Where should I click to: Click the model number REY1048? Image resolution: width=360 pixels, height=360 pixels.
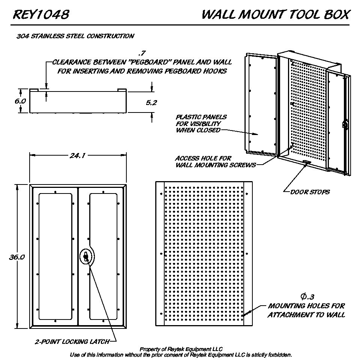(41, 15)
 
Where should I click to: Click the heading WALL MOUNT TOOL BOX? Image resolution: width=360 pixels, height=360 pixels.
(276, 15)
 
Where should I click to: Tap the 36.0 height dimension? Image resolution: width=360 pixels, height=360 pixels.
(17, 257)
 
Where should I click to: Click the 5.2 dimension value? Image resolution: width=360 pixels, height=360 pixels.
(151, 102)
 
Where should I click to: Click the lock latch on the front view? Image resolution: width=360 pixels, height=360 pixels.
(86, 257)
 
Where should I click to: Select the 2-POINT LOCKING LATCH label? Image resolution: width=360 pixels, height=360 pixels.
(72, 342)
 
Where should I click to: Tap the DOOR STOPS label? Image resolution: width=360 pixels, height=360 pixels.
(310, 192)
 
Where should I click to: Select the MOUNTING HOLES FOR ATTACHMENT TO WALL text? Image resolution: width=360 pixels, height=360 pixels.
(306, 310)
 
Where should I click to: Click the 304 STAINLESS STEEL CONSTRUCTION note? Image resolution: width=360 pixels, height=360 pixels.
(75, 36)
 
